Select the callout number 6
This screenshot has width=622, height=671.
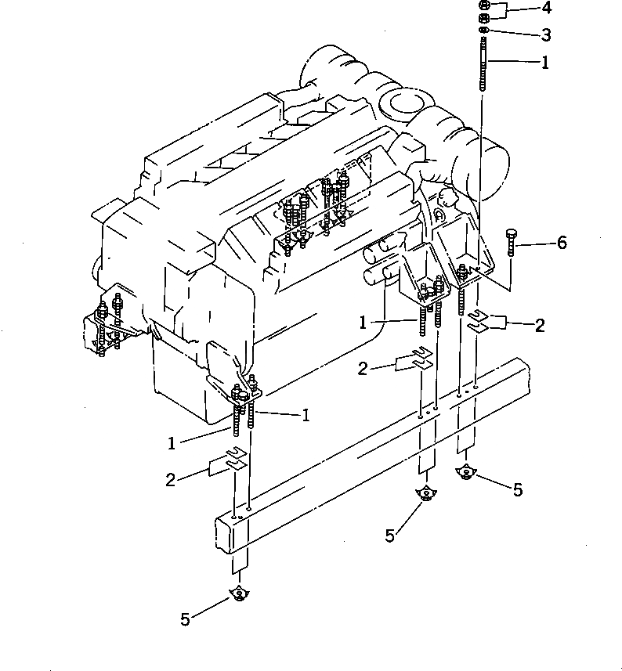click(x=561, y=244)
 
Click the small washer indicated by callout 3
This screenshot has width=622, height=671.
click(x=484, y=31)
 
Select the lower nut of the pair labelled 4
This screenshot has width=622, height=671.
click(x=484, y=18)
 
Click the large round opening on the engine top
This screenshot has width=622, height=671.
click(x=402, y=103)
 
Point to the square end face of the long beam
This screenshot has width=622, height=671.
click(x=233, y=535)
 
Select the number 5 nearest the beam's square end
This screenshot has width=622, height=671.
click(x=185, y=619)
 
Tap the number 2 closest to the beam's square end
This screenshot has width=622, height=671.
click(x=171, y=480)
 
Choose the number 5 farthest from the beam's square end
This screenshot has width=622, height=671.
click(x=516, y=491)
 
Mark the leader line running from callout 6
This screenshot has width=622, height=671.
click(x=534, y=244)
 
